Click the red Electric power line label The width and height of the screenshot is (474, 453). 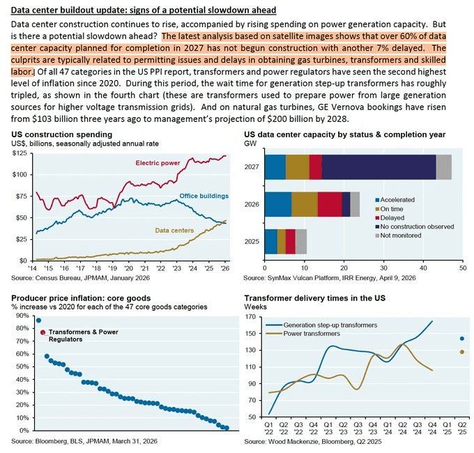[x=158, y=163]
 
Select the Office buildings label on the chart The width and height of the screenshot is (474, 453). [x=204, y=196]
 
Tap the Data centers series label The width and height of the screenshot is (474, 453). [x=174, y=230]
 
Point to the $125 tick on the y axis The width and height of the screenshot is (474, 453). [x=20, y=153]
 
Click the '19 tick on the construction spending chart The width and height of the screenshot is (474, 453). [x=112, y=268]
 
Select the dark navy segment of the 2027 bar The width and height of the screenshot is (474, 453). [x=379, y=167]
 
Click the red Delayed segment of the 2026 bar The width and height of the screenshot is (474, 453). [x=330, y=204]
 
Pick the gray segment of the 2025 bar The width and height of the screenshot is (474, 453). [x=301, y=241]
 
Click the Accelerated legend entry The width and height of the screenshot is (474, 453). [x=395, y=200]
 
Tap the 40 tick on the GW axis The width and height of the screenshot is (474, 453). [x=423, y=268]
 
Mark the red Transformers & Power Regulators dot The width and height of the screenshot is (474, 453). [x=43, y=332]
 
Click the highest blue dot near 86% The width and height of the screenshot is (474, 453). [x=38, y=321]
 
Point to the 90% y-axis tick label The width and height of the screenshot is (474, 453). [x=22, y=316]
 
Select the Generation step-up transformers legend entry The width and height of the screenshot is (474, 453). [x=321, y=325]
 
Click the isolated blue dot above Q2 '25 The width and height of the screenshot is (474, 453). [x=462, y=339]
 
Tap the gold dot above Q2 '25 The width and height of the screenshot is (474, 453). [x=462, y=352]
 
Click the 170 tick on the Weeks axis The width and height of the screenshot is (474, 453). [x=251, y=317]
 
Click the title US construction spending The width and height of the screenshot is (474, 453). [x=61, y=135]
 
